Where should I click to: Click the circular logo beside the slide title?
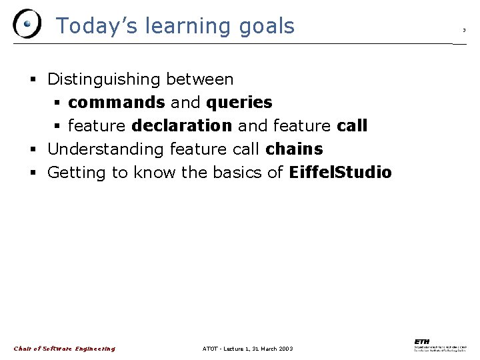coord(27,25)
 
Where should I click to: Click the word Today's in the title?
coord(90,26)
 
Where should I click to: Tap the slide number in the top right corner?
coord(464,30)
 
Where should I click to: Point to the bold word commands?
coord(116,103)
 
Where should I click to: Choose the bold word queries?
coord(239,103)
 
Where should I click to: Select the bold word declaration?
coord(181,126)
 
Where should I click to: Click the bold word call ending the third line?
coord(353,126)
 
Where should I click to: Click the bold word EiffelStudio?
coord(340,173)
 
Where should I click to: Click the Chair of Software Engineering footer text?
coord(64,349)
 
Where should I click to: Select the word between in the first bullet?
coord(200,79)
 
